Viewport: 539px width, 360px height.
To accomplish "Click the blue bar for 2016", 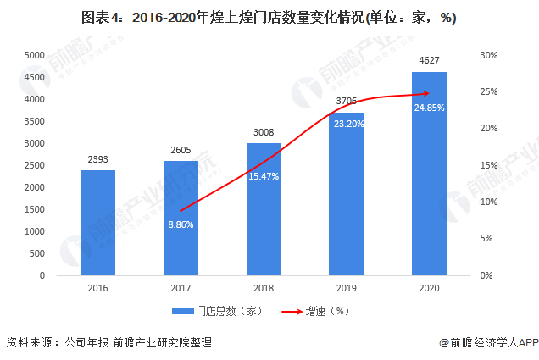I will [97, 223].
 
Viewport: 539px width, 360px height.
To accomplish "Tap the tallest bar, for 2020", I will [428, 174].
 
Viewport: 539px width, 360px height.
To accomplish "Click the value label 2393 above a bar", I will [97, 159].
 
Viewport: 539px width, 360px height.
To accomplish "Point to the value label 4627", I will [429, 61].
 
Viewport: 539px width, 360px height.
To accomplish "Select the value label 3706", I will [347, 102].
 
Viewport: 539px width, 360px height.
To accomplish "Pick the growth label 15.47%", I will [264, 174].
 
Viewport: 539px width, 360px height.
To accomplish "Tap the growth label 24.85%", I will [429, 108].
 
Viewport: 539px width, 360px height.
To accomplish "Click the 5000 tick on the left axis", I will [34, 55].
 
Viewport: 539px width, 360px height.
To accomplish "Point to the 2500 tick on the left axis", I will [34, 165].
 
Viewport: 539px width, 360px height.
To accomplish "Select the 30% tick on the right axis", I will [488, 55].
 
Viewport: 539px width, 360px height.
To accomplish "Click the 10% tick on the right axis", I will [488, 202].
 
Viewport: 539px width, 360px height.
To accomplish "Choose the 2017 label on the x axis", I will [181, 289].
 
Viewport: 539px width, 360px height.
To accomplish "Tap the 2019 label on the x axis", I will [346, 289].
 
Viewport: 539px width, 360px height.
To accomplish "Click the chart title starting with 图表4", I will [269, 19].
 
